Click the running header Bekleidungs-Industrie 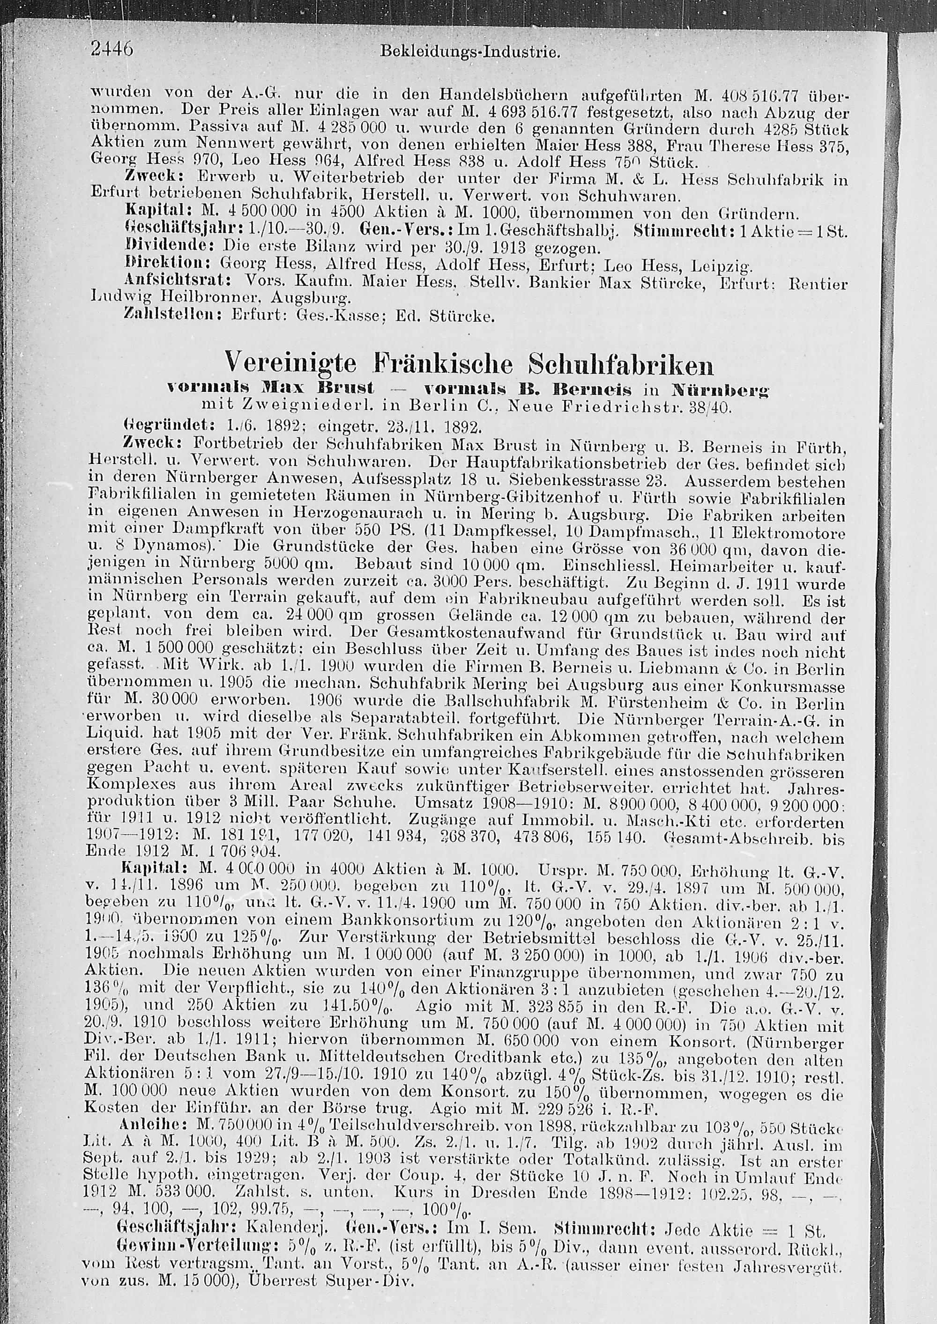(470, 52)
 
